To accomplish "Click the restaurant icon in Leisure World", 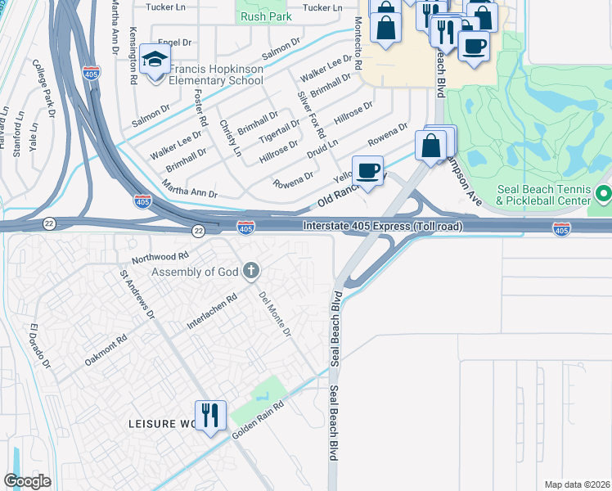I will (210, 415).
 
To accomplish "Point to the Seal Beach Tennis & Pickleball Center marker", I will (604, 194).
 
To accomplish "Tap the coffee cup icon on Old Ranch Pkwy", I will (368, 171).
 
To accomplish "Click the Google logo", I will (27, 480).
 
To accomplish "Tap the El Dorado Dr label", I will (40, 346).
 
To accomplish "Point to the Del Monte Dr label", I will (275, 314).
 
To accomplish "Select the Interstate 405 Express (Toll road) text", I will (383, 226).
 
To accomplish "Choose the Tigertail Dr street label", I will (279, 128).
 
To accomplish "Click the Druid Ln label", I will (322, 148).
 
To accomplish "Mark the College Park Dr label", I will (41, 86).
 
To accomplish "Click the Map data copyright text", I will (576, 484).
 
